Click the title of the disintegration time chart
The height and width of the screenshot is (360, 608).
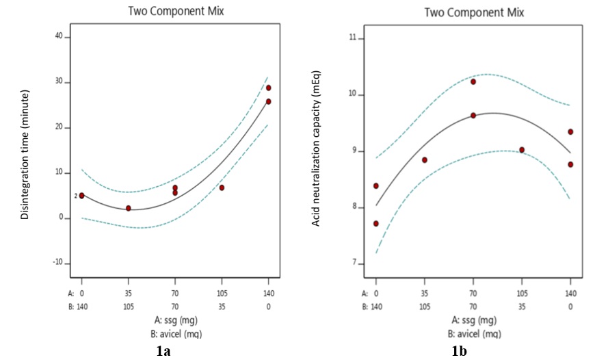pyautogui.click(x=175, y=11)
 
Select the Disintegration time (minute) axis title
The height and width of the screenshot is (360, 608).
pyautogui.click(x=25, y=154)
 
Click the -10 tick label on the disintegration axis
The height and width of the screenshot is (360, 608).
pyautogui.click(x=57, y=263)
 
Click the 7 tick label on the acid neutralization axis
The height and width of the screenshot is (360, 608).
pyautogui.click(x=355, y=263)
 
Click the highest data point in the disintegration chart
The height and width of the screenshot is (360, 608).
pyautogui.click(x=269, y=88)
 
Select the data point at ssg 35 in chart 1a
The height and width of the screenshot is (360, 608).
pyautogui.click(x=128, y=208)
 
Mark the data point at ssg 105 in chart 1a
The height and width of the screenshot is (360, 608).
pyautogui.click(x=222, y=188)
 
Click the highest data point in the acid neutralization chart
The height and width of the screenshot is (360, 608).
pyautogui.click(x=473, y=81)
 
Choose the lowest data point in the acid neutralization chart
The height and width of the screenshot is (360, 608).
pyautogui.click(x=375, y=224)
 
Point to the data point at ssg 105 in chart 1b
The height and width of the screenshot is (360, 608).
pyautogui.click(x=522, y=150)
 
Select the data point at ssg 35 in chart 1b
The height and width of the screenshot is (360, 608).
pyautogui.click(x=424, y=160)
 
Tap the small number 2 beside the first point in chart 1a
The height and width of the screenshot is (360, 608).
pyautogui.click(x=76, y=196)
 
